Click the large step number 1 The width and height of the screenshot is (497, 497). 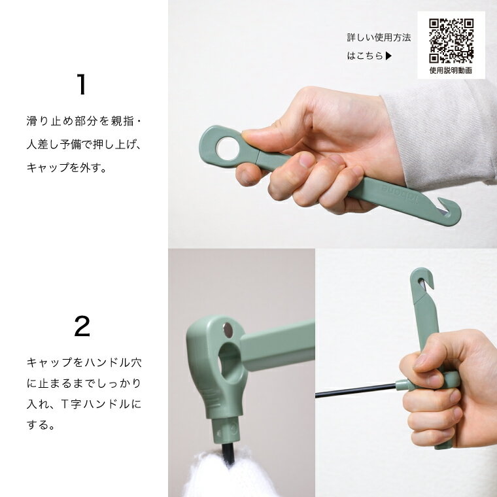click(82, 84)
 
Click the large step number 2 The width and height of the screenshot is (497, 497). click(82, 326)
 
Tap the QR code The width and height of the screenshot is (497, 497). click(451, 41)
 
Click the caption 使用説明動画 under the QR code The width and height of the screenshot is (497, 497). click(451, 71)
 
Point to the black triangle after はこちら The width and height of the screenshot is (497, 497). click(388, 56)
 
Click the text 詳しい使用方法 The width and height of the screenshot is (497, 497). click(379, 37)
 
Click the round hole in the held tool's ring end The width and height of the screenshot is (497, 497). click(228, 148)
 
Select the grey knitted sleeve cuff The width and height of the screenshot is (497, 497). click(440, 133)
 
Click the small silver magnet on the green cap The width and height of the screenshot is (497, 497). click(228, 330)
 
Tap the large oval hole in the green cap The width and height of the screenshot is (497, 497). click(229, 362)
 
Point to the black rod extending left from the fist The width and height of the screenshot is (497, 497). click(356, 390)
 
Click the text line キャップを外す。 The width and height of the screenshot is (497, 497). click(67, 167)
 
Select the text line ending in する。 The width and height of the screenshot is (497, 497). click(41, 424)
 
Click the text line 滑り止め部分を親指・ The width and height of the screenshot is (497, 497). click(84, 121)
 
